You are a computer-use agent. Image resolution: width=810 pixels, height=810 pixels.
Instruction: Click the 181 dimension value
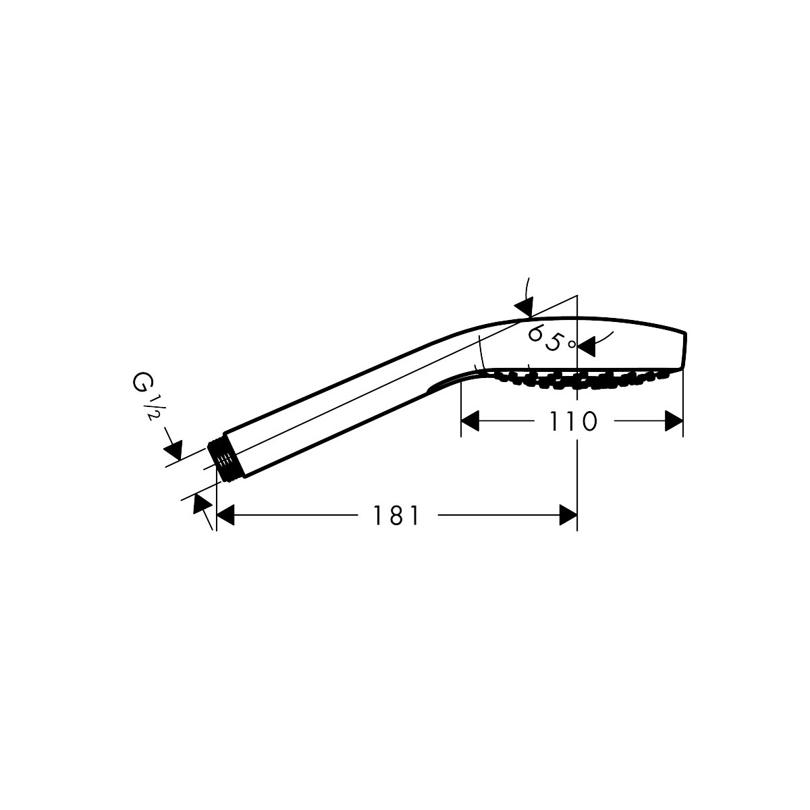coord(397,516)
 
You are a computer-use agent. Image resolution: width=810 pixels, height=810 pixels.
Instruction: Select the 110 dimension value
coord(572,422)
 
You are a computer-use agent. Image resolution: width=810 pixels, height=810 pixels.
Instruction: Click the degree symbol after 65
coord(571,344)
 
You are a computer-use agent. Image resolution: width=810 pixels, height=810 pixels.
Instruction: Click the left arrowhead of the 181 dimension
coord(224,516)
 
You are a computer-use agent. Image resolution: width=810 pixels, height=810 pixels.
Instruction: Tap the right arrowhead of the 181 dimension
coord(568,516)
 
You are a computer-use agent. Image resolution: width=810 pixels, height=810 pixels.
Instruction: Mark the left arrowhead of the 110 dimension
coord(470,422)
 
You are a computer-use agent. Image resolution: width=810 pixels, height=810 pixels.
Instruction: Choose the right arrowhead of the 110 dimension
coord(674,422)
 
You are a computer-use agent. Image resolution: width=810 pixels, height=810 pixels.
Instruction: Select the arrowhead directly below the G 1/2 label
coord(173,449)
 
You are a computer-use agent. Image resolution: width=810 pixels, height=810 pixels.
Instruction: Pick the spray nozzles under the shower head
coord(580,380)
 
